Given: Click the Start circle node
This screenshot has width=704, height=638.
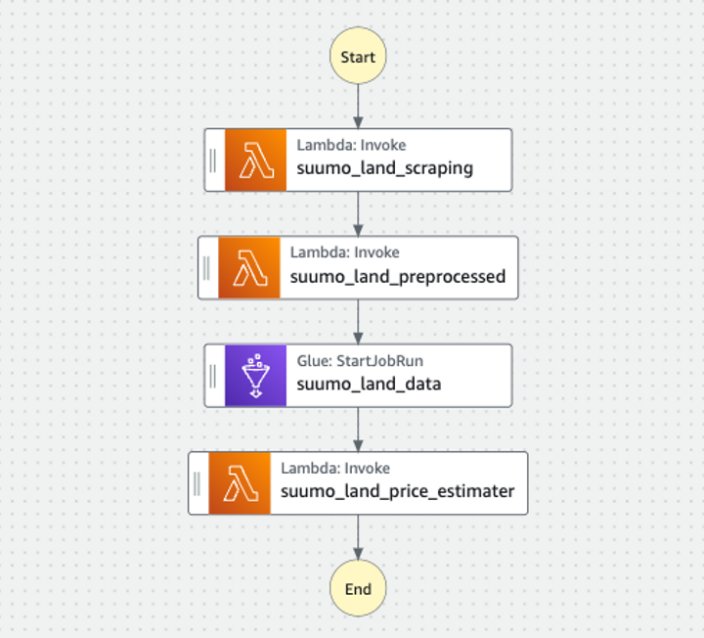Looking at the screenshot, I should coord(358,57).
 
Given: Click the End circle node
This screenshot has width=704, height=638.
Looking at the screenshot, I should coord(358,589).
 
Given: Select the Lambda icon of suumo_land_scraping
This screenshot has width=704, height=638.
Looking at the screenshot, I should coord(255,159).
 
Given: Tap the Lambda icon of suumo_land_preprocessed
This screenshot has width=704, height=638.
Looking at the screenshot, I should coord(248,267).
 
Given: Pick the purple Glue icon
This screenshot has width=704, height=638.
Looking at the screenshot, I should coord(255,375).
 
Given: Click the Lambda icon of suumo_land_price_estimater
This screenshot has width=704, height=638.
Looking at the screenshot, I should coord(240,482).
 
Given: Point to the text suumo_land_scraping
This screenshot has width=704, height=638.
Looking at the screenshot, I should coord(385,168).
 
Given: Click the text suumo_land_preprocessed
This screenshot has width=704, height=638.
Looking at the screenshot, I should coord(398,276).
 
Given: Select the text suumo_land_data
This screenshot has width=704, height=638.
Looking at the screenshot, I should coord(370,384).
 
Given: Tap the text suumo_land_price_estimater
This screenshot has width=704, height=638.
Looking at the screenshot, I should coord(398,491).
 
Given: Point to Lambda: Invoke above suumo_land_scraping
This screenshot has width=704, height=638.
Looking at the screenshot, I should coord(352,145).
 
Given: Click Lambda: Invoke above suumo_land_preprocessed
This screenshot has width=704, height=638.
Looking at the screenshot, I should coord(345,252).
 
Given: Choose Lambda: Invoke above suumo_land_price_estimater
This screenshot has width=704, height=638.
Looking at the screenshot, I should coord(335,469).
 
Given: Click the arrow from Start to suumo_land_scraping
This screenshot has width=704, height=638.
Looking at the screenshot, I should coord(358,105).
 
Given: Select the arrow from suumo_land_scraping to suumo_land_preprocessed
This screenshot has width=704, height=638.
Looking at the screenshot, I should coord(358,213).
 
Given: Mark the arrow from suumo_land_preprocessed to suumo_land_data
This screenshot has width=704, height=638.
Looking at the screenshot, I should coord(358,321).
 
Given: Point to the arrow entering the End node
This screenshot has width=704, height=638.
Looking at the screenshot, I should coord(358,539).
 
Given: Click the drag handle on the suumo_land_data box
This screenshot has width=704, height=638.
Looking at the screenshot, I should coord(213,375).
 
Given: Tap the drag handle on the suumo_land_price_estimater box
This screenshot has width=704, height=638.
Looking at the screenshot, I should coord(198,482).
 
